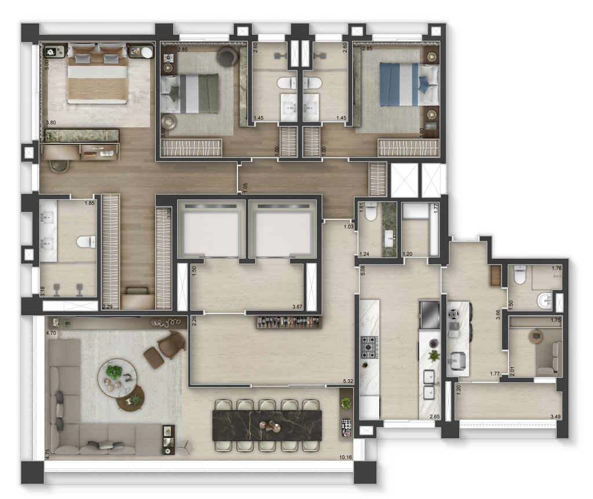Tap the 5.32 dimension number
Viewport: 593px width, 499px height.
(348, 381)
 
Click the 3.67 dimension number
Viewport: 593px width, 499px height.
(298, 306)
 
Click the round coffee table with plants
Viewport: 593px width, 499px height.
(117, 377)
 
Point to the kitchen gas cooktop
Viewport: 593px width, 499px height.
(369, 347)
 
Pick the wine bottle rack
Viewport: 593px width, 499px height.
(288, 321)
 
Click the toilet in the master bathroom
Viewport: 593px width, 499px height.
(87, 241)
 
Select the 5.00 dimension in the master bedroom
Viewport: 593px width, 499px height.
(46, 62)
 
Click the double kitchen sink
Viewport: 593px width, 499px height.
(429, 385)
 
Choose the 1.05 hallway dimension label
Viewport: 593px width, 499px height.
(245, 187)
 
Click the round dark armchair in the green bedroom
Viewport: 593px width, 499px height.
(227, 56)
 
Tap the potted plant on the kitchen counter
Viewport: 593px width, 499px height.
(434, 355)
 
